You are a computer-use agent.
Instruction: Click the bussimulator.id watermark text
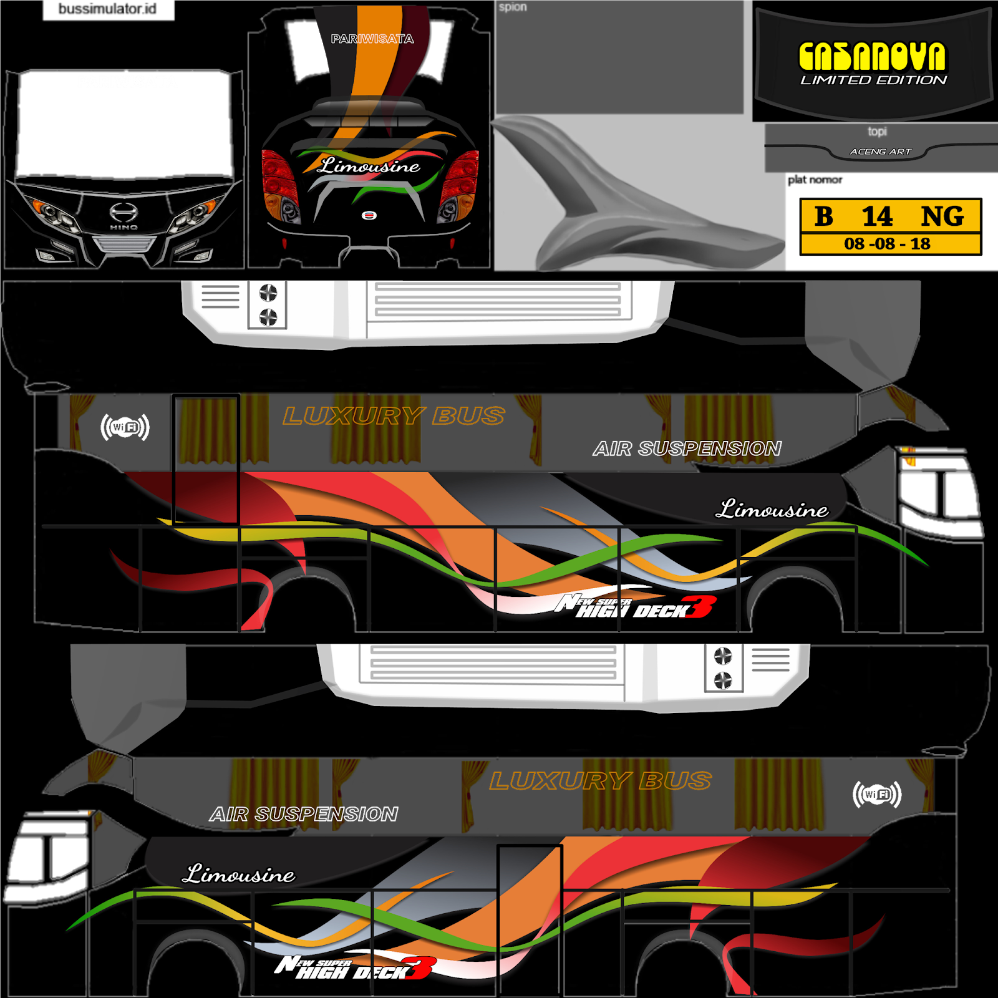[107, 9]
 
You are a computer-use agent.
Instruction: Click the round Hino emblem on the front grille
[124, 212]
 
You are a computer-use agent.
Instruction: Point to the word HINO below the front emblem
[124, 228]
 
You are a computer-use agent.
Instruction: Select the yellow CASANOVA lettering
[872, 57]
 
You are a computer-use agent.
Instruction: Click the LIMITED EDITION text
[873, 80]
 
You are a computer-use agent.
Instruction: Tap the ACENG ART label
[880, 152]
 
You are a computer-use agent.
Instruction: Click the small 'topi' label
[877, 132]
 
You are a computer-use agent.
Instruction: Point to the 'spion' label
[513, 7]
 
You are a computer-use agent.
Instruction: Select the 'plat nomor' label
[815, 180]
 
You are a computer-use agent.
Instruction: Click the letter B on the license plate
[823, 216]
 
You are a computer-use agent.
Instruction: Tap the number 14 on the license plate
[877, 216]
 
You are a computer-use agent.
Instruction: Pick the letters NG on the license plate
[942, 216]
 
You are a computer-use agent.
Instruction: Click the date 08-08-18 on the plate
[887, 244]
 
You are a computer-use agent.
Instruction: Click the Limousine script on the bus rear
[369, 166]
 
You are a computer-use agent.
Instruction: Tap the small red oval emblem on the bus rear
[369, 215]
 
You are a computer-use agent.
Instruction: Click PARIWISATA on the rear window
[372, 39]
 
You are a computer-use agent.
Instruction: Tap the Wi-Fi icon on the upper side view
[125, 427]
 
